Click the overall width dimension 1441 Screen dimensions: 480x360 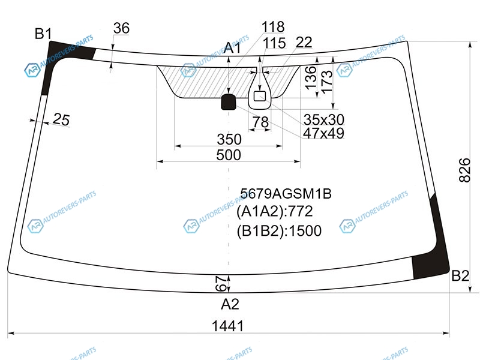(x=228, y=326)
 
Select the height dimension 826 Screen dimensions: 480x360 (x=464, y=170)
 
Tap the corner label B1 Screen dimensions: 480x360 (x=43, y=34)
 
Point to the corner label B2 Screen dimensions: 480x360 (x=460, y=276)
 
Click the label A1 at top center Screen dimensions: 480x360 (x=232, y=48)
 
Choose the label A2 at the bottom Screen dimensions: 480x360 (x=230, y=304)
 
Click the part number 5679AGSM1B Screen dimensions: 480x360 (x=286, y=193)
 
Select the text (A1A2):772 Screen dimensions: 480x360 (x=275, y=211)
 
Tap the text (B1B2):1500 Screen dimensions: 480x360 (x=279, y=231)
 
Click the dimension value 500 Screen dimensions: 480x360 (x=229, y=155)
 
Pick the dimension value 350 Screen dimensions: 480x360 (x=229, y=139)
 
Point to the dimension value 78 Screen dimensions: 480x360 (x=260, y=122)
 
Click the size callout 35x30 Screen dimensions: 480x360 (x=324, y=119)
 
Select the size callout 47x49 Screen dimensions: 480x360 (x=323, y=133)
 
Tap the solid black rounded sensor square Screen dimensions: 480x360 (x=229, y=101)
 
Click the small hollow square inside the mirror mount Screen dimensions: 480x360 (x=260, y=96)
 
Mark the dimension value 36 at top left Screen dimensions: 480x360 (x=121, y=28)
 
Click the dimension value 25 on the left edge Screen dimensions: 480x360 (x=61, y=119)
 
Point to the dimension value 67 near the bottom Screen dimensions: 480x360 (x=221, y=283)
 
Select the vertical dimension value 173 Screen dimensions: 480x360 (x=326, y=82)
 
